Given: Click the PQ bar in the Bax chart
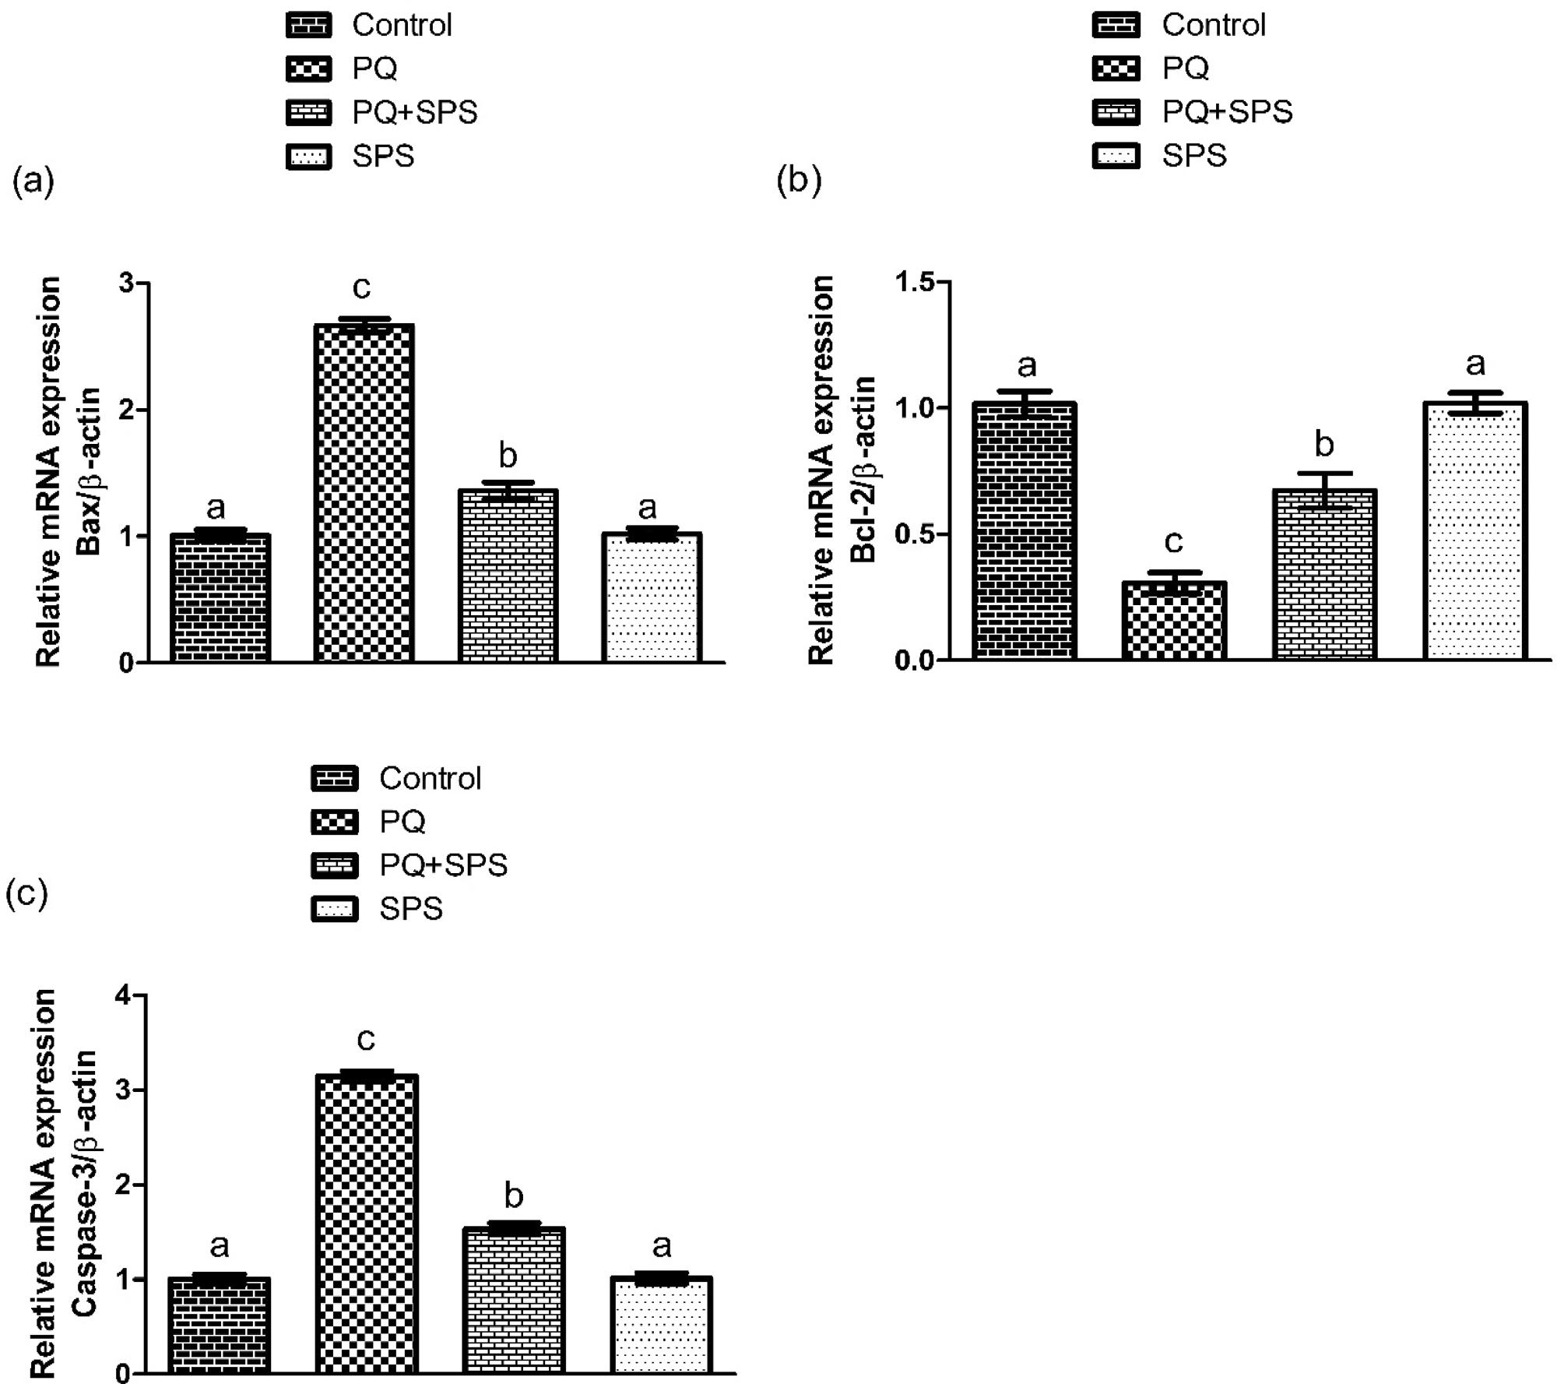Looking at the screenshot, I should (x=364, y=494).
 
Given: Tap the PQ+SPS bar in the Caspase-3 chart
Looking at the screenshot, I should (x=514, y=1300).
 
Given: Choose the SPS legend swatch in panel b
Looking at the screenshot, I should (x=1116, y=156).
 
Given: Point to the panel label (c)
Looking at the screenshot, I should (x=26, y=894).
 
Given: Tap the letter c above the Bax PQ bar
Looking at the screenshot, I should (x=361, y=288).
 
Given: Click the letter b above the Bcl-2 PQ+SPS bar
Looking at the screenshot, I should (x=1323, y=445).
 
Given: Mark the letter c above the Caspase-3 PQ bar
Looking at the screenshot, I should (x=365, y=1038).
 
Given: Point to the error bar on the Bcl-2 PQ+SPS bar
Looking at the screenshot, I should (x=1324, y=490).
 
